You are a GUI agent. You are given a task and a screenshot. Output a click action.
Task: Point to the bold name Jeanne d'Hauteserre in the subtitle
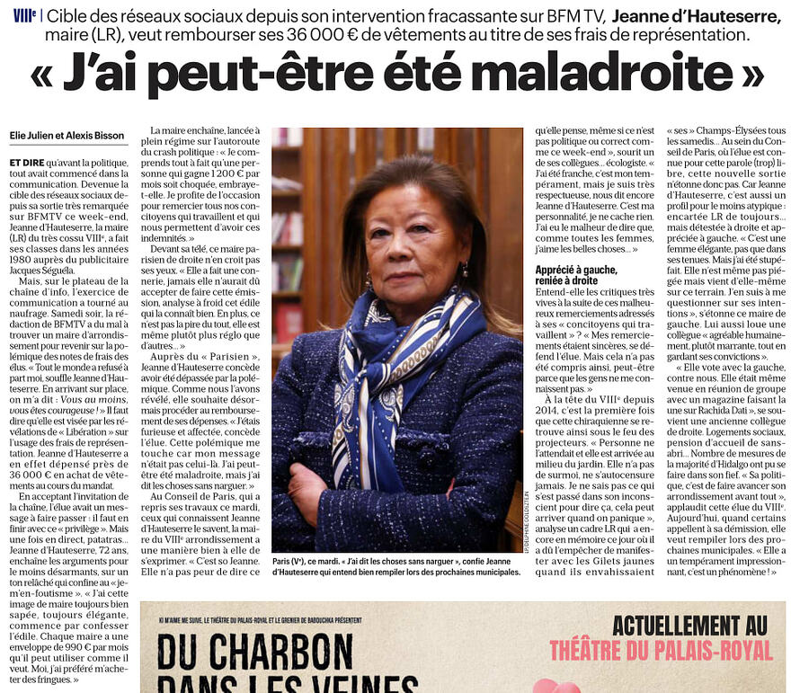(x=697, y=15)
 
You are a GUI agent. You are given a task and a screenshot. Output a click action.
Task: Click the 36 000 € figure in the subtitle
(x=351, y=35)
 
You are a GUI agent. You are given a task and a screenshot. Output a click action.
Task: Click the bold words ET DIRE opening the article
(x=27, y=162)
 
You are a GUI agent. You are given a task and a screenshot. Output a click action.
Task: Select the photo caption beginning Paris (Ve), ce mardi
(x=395, y=565)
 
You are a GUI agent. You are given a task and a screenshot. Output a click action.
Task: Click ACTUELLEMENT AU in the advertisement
(x=689, y=623)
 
